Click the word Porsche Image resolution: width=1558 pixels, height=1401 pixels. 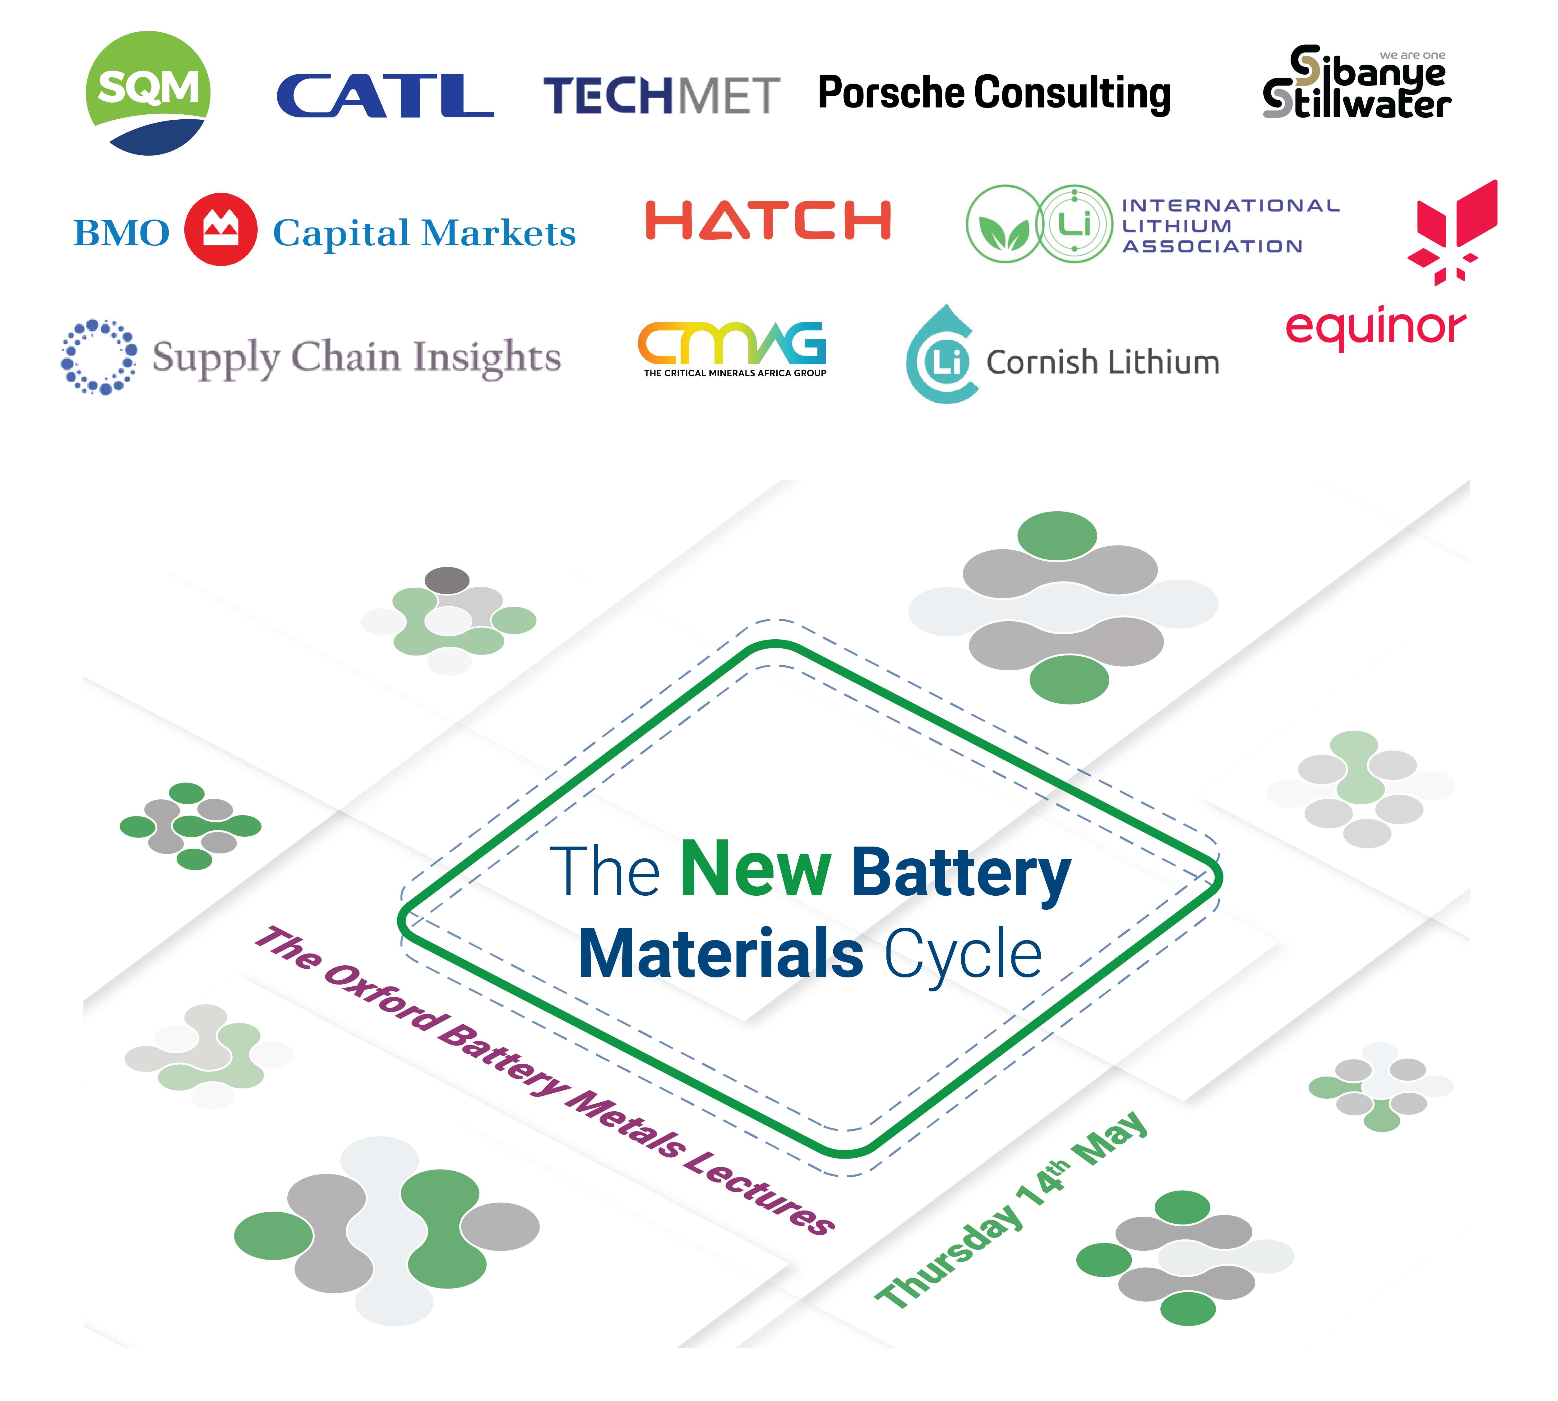892,93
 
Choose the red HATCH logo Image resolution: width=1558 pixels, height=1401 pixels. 768,221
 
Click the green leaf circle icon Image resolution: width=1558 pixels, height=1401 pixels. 1004,224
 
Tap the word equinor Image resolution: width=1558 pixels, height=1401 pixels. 1375,327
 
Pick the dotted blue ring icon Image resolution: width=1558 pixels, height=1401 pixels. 99,356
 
